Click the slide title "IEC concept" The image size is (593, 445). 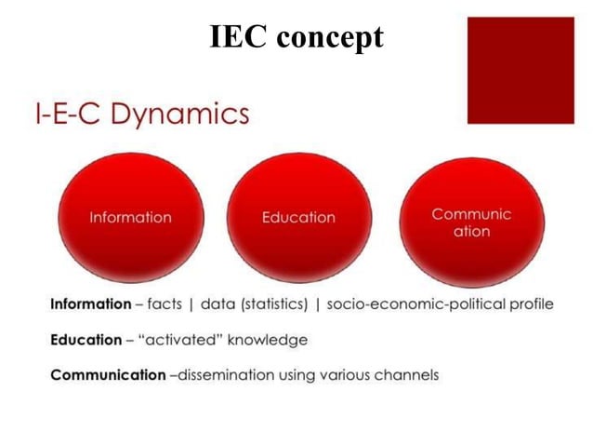296,36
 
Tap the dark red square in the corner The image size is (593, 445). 520,70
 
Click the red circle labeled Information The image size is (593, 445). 130,216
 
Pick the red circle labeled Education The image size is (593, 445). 298,216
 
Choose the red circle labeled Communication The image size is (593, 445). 471,222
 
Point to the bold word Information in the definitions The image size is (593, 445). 90,304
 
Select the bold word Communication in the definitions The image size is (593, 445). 107,375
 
